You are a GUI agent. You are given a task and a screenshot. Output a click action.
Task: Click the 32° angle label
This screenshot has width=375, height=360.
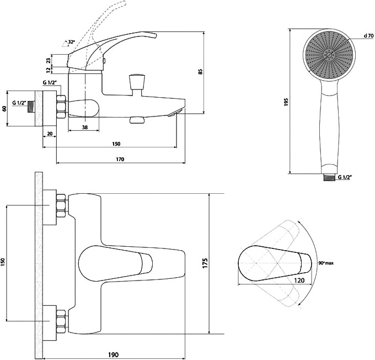(71, 42)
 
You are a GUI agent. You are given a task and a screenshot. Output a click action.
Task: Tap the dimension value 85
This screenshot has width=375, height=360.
(200, 71)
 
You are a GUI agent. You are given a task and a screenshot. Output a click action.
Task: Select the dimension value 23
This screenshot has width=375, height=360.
(49, 60)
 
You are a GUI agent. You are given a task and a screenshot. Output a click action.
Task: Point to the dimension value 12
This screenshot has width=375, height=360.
(49, 70)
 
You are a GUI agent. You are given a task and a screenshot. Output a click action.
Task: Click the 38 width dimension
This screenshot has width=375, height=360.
(85, 128)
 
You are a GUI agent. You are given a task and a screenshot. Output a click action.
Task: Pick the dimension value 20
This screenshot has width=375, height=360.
(50, 134)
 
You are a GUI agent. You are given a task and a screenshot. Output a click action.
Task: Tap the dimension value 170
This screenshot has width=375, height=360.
(120, 159)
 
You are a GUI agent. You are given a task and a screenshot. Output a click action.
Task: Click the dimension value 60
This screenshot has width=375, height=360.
(4, 108)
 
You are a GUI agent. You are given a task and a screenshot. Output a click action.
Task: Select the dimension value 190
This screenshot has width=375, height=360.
(114, 354)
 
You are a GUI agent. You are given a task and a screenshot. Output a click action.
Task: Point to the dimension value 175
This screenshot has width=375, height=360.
(205, 263)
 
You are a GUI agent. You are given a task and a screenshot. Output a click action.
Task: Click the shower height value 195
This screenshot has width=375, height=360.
(287, 102)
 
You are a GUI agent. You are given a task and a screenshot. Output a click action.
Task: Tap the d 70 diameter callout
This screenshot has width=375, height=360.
(368, 36)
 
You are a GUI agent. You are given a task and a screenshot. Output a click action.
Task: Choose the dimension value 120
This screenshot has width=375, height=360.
(299, 280)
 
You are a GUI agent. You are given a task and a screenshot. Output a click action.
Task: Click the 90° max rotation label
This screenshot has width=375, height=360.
(326, 263)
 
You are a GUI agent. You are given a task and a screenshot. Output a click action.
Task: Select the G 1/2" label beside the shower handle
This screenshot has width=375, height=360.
(345, 177)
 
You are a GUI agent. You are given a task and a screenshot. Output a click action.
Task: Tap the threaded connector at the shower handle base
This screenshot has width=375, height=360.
(329, 177)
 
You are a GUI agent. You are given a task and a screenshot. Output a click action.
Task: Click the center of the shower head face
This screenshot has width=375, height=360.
(329, 55)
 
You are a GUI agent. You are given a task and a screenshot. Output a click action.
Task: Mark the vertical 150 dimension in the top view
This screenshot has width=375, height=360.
(3, 263)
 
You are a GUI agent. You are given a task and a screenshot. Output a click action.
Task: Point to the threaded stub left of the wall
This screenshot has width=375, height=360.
(31, 107)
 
